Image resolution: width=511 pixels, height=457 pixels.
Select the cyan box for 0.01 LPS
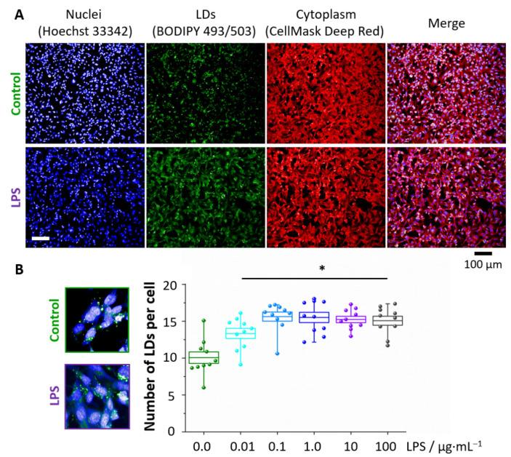pyautogui.click(x=244, y=333)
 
